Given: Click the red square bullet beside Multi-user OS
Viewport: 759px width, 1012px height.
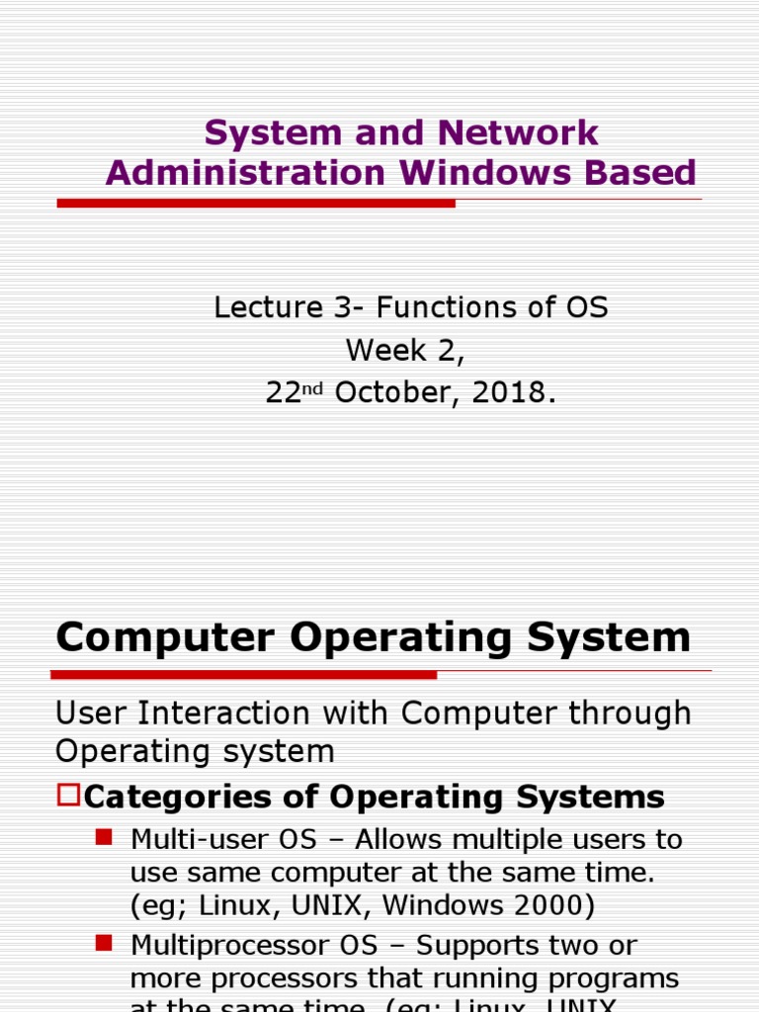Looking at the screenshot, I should pyautogui.click(x=103, y=837).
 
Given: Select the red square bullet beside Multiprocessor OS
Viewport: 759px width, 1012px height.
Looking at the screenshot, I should pyautogui.click(x=103, y=943).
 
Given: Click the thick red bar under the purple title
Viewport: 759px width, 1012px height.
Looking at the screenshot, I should pyautogui.click(x=256, y=203).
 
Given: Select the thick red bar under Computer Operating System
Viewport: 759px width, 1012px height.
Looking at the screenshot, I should pyautogui.click(x=245, y=675).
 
